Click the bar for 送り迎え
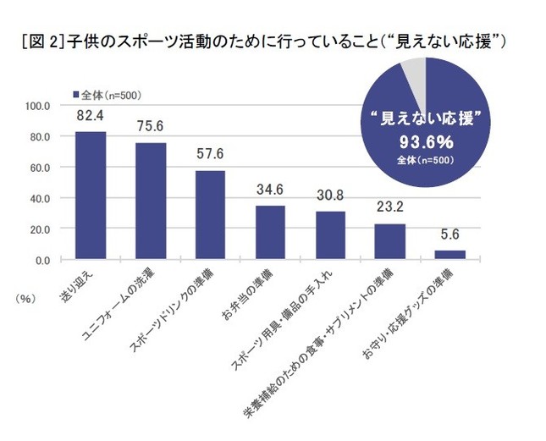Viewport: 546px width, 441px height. (x=90, y=196)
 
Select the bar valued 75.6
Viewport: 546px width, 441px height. (x=151, y=201)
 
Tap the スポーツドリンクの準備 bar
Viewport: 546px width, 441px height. (x=211, y=215)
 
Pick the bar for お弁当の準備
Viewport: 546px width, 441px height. (x=271, y=233)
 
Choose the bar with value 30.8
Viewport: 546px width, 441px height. (x=331, y=235)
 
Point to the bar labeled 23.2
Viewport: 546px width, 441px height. (x=391, y=241)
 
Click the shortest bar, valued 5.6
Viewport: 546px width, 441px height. (x=450, y=255)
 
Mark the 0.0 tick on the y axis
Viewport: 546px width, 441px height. (x=44, y=260)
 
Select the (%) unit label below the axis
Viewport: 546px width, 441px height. (x=23, y=298)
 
